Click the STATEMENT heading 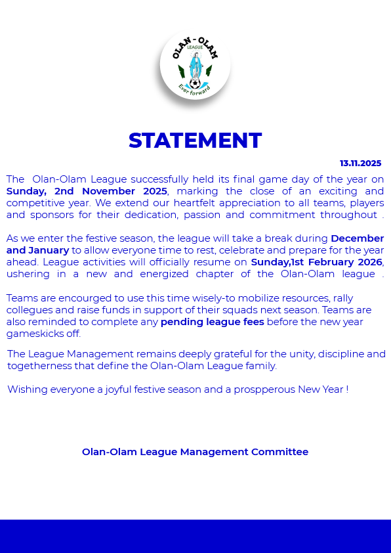[195, 141]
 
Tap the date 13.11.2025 [360, 163]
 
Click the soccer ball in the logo [195, 84]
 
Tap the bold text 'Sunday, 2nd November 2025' [87, 190]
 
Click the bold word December [357, 238]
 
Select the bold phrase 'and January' [37, 250]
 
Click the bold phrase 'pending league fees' [212, 322]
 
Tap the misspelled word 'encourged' [74, 298]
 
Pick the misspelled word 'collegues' [28, 310]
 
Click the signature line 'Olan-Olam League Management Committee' [195, 452]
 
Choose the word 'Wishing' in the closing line [26, 389]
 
